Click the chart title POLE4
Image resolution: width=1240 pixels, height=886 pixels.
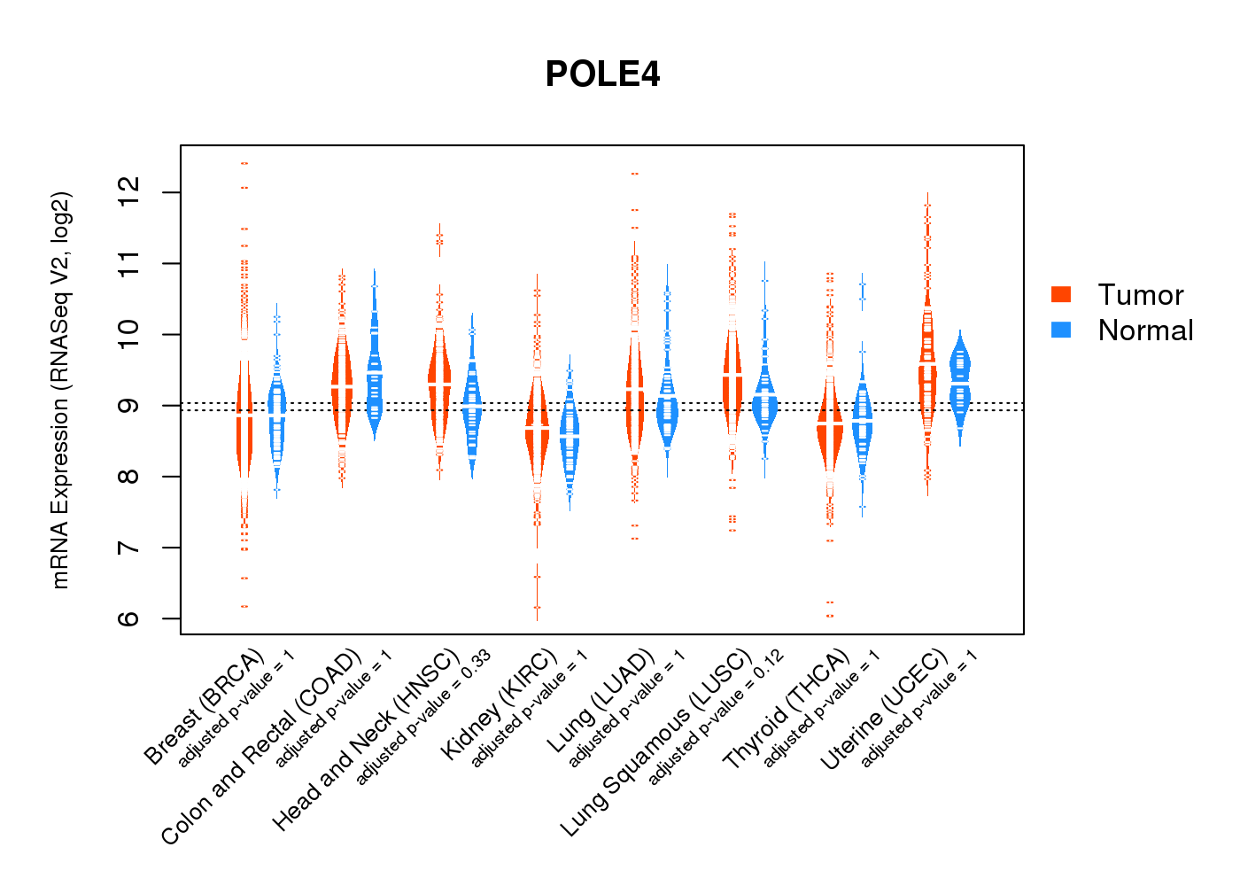(602, 74)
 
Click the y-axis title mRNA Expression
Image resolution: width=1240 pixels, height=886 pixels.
(60, 390)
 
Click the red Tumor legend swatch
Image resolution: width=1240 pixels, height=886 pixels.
(1060, 294)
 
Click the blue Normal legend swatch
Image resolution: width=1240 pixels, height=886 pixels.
(1060, 330)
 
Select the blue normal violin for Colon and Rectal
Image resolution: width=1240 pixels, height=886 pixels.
(375, 381)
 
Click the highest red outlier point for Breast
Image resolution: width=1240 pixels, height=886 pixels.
(244, 163)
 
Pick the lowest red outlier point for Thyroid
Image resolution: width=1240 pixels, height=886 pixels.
(830, 615)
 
